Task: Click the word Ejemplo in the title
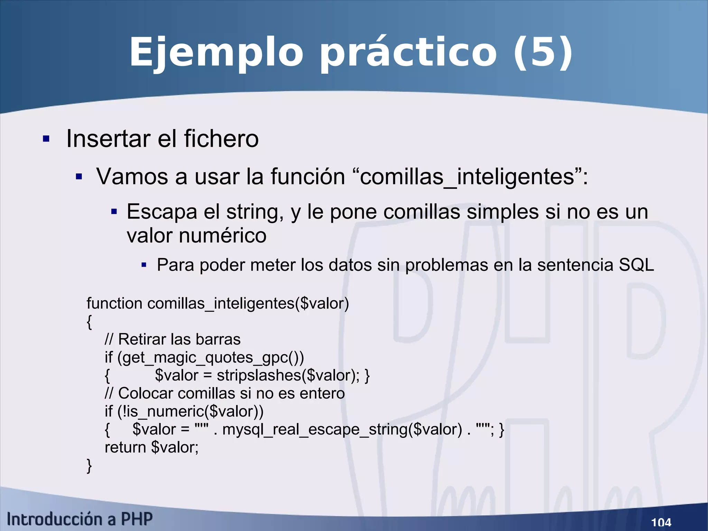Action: click(x=216, y=53)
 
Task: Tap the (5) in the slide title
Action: click(x=543, y=53)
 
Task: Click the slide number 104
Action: click(x=661, y=522)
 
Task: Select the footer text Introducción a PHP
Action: click(x=80, y=519)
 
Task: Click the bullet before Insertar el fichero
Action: click(x=46, y=139)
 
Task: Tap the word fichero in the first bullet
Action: click(x=221, y=138)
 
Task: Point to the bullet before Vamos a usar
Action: click(x=79, y=177)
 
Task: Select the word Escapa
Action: click(x=161, y=212)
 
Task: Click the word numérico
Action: click(x=223, y=236)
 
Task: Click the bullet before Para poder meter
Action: click(x=144, y=265)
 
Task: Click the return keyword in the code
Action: click(x=125, y=448)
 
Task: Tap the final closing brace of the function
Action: click(x=89, y=466)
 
